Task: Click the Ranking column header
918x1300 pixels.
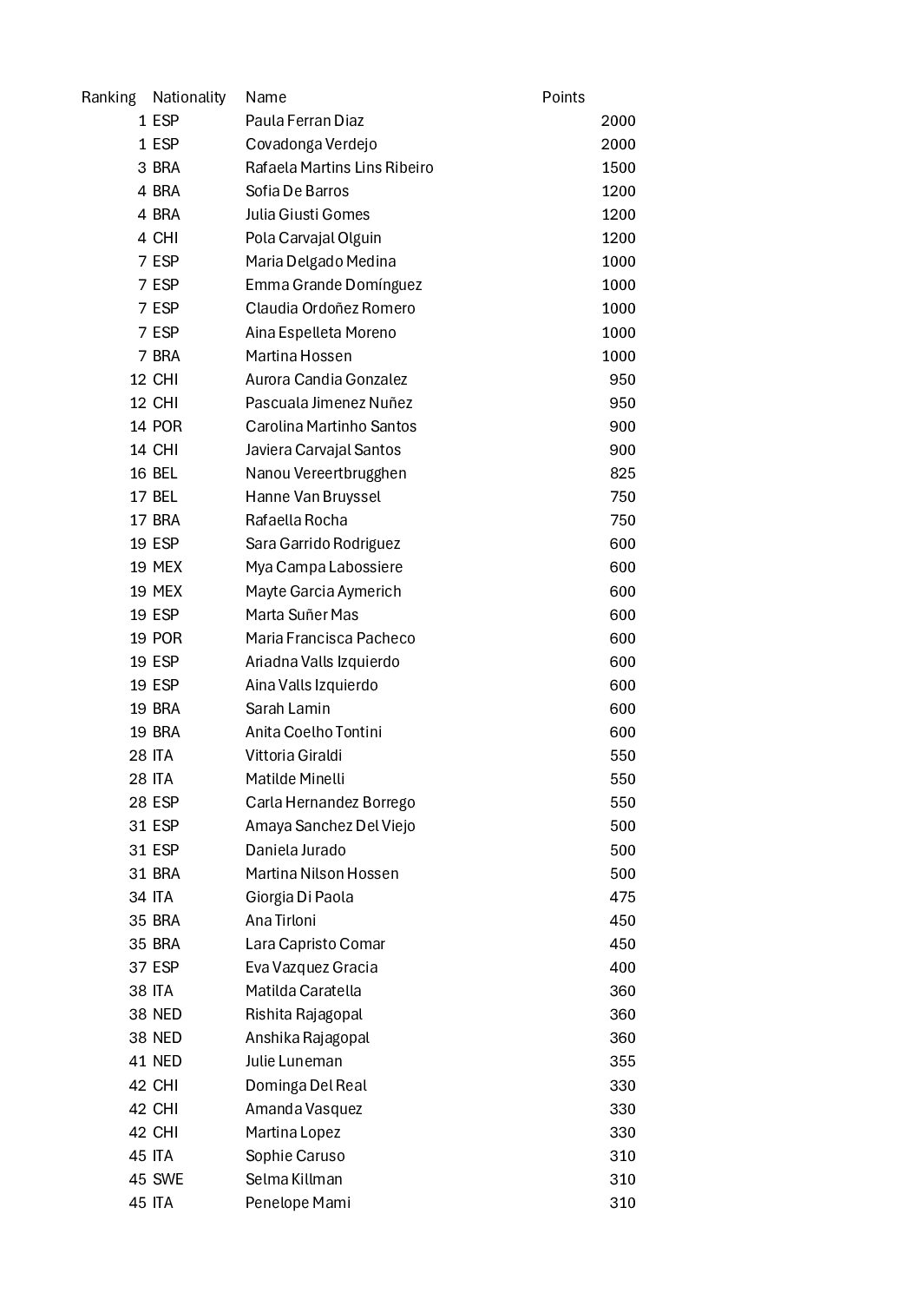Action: (x=108, y=97)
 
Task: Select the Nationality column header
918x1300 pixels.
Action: (x=188, y=97)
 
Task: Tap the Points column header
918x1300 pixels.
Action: (x=563, y=97)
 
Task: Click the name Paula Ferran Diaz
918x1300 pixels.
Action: (x=305, y=121)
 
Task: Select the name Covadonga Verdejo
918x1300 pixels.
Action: (x=311, y=144)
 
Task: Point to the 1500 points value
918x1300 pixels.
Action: (x=618, y=168)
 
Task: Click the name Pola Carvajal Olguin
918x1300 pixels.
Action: (x=313, y=238)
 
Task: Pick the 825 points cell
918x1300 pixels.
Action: (x=622, y=473)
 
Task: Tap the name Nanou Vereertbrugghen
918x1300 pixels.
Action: (x=325, y=473)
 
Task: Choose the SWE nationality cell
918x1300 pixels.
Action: (x=167, y=1179)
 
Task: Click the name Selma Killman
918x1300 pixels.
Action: (x=293, y=1179)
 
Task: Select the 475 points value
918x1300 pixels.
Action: (x=622, y=897)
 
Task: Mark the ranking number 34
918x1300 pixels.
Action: (x=138, y=897)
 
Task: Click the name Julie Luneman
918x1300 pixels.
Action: (x=293, y=1061)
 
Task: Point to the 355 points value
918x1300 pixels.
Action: (x=622, y=1061)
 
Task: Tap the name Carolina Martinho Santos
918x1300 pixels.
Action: (x=331, y=426)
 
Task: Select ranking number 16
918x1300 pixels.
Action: (x=138, y=473)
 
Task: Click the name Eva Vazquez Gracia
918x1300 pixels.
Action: (x=311, y=967)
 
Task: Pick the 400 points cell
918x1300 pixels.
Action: (x=622, y=967)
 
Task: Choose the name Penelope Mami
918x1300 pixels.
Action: (x=298, y=1203)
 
